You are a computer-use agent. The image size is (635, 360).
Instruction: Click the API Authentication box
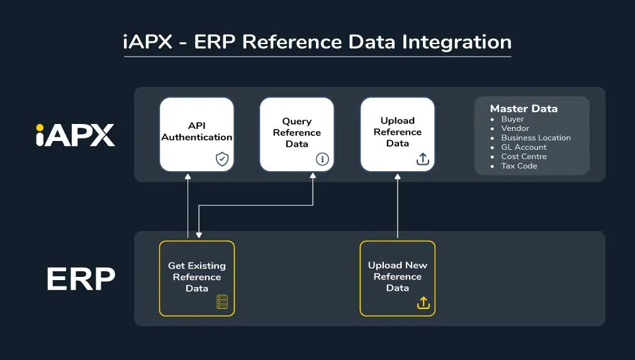[x=196, y=134]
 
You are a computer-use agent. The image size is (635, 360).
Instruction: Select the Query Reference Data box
[x=296, y=134]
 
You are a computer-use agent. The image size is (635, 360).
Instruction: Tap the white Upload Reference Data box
[x=397, y=134]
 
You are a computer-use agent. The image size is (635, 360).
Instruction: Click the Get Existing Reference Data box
[x=196, y=278]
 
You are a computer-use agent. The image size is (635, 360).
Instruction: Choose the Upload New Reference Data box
[x=397, y=278]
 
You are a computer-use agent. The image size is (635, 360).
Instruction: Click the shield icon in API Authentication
[x=222, y=159]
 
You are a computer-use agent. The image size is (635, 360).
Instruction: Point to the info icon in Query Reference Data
[x=322, y=159]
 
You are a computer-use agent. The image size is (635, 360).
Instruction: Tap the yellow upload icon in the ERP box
[x=423, y=303]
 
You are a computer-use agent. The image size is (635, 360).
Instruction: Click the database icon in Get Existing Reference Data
[x=222, y=303]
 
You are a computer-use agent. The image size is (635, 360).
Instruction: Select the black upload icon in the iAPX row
[x=423, y=159]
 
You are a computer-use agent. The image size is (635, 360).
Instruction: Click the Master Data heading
[x=524, y=108]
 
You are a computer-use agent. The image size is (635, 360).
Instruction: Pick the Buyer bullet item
[x=512, y=119]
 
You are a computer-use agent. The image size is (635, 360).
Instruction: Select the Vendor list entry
[x=515, y=128]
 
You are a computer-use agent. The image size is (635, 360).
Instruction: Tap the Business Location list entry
[x=536, y=138]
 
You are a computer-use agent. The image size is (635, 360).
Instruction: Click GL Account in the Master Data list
[x=524, y=147]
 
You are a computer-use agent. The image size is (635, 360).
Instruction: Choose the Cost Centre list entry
[x=524, y=157]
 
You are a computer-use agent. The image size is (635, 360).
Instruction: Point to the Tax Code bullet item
[x=519, y=166]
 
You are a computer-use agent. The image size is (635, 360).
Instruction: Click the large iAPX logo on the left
[x=76, y=135]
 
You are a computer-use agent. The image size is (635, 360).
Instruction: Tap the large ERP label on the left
[x=81, y=279]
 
